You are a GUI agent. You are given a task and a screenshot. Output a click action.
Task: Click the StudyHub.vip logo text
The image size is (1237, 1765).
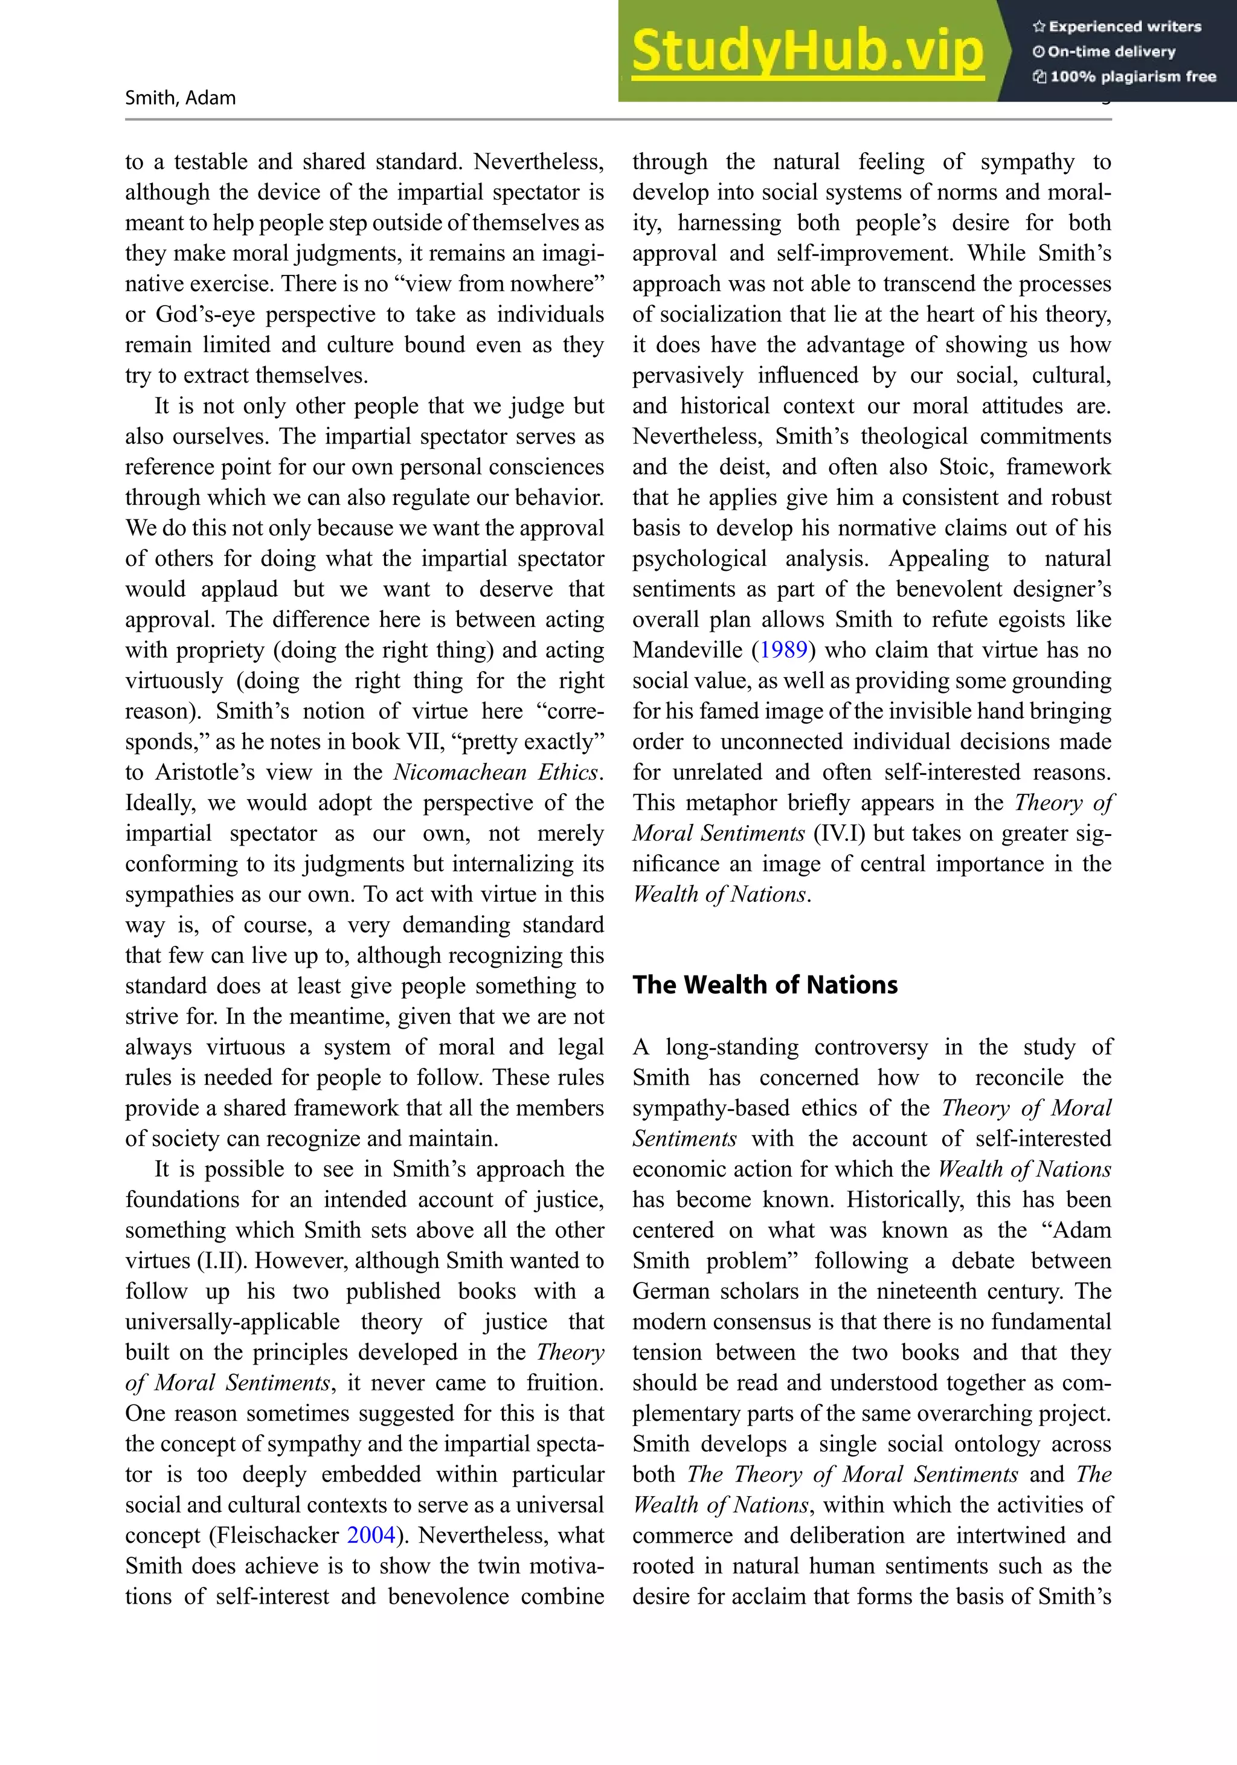(x=807, y=51)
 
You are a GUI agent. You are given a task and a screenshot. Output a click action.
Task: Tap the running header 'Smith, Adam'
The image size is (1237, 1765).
(x=180, y=98)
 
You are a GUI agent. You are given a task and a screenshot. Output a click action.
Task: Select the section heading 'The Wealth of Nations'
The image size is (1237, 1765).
(x=764, y=985)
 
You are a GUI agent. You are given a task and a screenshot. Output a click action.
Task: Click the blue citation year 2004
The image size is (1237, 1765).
(x=371, y=1534)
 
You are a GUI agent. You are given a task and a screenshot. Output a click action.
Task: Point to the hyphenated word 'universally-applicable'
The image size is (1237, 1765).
(x=232, y=1322)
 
